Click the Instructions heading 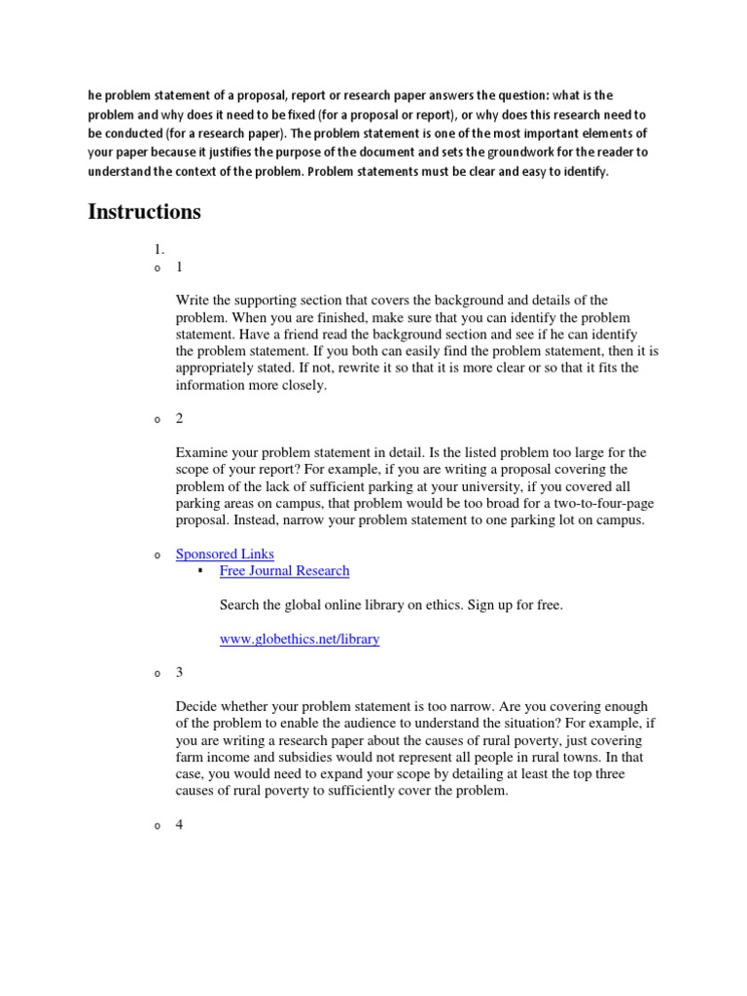145,211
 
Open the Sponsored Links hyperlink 225,553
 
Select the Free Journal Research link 284,571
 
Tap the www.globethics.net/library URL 300,639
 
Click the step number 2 180,418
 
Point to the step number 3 180,672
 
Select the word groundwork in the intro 501,153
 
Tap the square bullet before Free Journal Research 199,571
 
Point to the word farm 190,757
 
